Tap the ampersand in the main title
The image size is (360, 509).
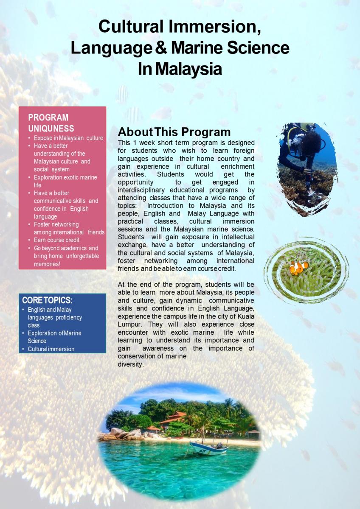pos(161,48)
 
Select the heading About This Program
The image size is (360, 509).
pos(174,132)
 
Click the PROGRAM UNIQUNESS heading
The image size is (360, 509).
pos(51,123)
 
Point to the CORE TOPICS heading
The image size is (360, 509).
pos(47,300)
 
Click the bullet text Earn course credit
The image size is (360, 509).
pos(56,240)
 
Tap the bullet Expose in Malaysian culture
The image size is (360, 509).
pos(68,138)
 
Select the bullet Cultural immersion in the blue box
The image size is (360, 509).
pos(51,349)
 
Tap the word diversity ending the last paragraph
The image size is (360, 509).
pos(131,364)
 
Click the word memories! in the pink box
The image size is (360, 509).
pos(47,264)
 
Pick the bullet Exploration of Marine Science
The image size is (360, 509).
pos(55,337)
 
